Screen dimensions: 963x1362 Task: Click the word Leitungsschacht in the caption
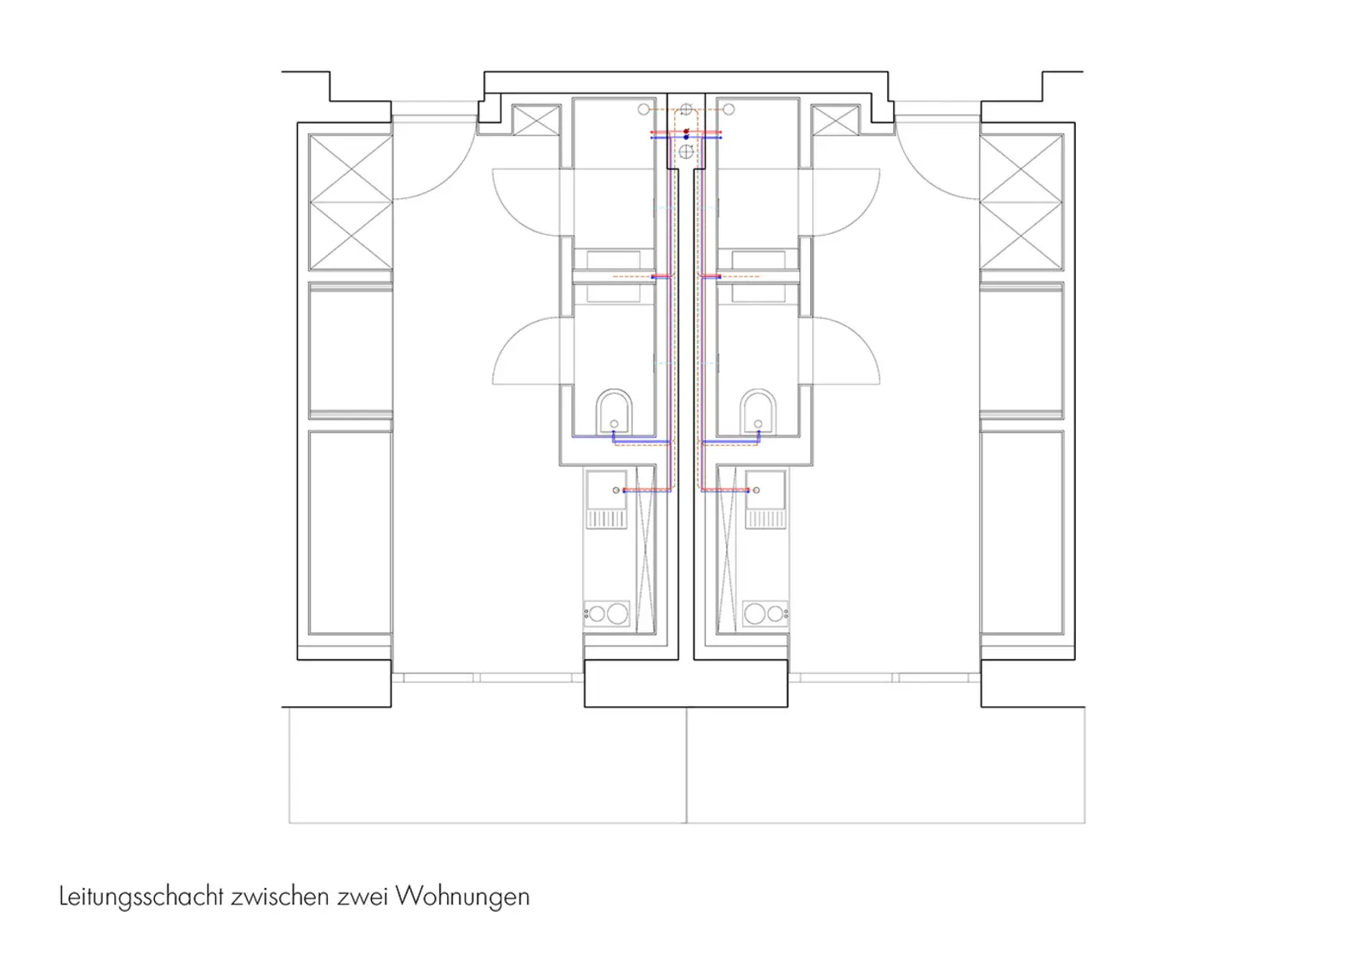[140, 897]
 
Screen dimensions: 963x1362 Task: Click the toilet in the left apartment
[614, 412]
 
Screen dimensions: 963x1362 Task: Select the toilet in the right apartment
[757, 412]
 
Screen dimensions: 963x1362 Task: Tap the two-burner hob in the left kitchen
[606, 613]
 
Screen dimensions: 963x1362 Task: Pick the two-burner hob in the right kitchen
[765, 613]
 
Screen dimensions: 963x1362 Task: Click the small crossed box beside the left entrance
[536, 121]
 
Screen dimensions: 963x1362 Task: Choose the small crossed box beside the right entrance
[835, 121]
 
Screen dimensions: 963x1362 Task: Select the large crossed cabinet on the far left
[350, 202]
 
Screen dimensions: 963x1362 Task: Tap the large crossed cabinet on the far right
[1021, 202]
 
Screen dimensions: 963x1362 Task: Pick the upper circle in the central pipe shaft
[686, 110]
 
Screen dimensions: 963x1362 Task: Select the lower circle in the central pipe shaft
[686, 152]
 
